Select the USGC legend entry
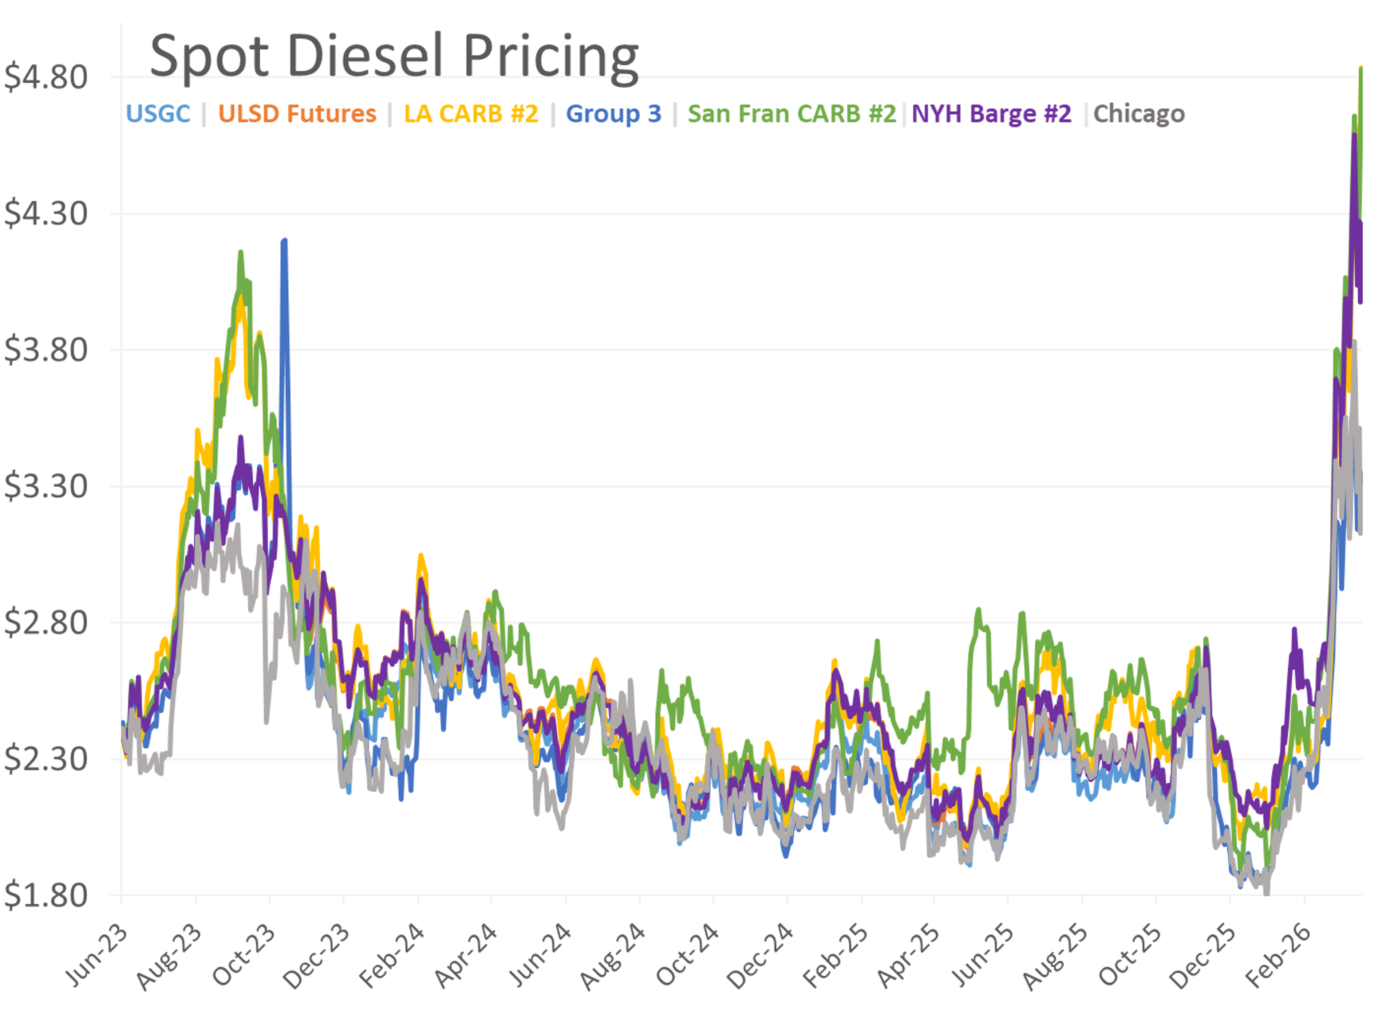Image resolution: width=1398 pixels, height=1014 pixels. click(158, 114)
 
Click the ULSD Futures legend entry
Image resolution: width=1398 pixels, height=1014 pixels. click(297, 114)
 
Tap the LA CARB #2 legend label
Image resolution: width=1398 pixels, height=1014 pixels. click(471, 114)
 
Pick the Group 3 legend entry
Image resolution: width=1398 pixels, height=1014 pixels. click(613, 114)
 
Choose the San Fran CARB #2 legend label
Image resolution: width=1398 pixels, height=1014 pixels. click(791, 114)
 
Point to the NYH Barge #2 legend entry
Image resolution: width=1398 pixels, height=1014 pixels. click(991, 114)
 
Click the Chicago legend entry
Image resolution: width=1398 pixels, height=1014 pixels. click(1138, 114)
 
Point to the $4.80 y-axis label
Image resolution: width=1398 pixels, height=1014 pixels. click(46, 78)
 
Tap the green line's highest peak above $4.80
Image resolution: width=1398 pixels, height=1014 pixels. click(1361, 68)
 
